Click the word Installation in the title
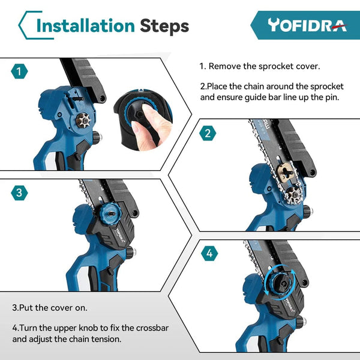pyautogui.click(x=85, y=26)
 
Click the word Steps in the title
pyautogui.click(x=164, y=26)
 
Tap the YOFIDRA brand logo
pyautogui.click(x=307, y=25)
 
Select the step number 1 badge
pyautogui.click(x=20, y=72)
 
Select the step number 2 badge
pyautogui.click(x=208, y=133)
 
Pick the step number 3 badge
pyautogui.click(x=20, y=193)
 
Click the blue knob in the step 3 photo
pyautogui.click(x=110, y=211)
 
